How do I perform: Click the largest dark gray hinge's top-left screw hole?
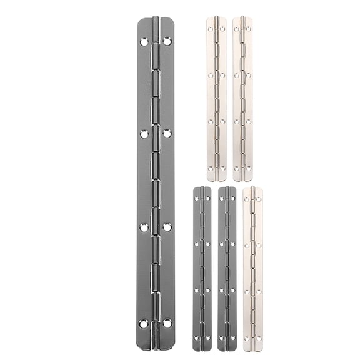pos(144,42)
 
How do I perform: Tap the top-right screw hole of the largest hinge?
pos(167,41)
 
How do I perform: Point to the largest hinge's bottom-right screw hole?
pos(167,323)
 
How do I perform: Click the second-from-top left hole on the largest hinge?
pos(144,133)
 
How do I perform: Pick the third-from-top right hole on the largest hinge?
pos(167,227)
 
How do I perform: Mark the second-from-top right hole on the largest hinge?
pos(167,133)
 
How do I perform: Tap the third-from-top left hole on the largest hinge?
pos(144,227)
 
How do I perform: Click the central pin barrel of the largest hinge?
pos(156,181)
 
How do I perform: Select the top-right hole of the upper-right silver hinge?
pos(248,28)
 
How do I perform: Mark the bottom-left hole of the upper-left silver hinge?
pos(211,167)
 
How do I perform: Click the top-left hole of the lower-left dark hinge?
pos(196,198)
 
